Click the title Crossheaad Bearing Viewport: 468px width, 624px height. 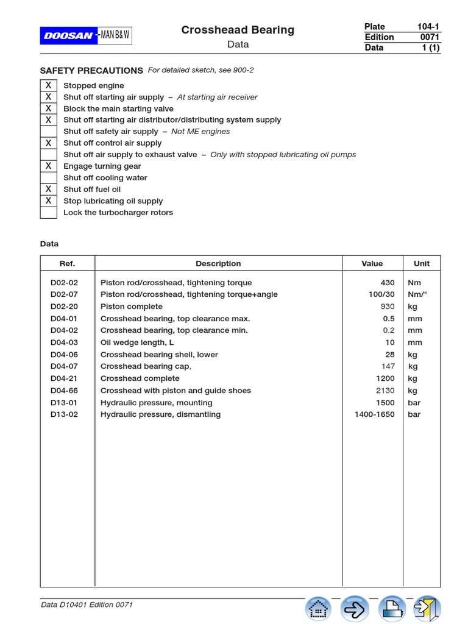point(238,30)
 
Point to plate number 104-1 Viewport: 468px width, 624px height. point(428,26)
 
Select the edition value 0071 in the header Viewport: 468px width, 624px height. point(429,37)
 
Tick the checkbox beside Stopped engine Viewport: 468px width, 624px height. point(49,85)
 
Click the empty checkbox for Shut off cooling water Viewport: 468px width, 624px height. point(49,178)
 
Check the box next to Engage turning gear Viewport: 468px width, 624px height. point(49,166)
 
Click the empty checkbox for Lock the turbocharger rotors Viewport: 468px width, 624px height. point(49,213)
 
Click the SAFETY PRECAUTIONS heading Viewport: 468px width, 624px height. point(91,71)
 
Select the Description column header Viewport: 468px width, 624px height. point(218,264)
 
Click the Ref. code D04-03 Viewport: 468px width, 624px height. point(64,342)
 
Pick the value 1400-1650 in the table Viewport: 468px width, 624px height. point(374,414)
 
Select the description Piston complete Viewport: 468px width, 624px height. point(132,307)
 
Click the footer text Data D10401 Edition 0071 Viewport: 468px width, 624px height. point(87,604)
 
